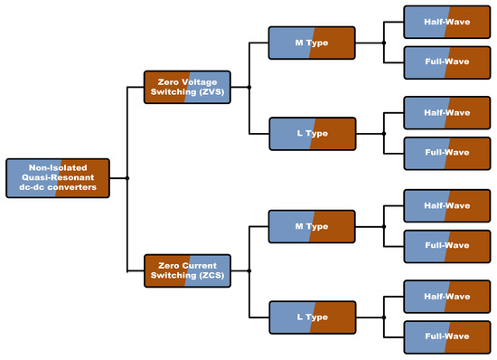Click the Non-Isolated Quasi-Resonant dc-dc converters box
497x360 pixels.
click(x=58, y=178)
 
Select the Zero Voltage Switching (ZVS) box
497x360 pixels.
click(x=187, y=87)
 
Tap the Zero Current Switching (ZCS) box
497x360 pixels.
click(x=187, y=270)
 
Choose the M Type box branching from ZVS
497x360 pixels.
click(x=312, y=43)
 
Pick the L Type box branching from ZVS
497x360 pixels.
click(x=313, y=134)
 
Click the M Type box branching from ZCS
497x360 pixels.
click(x=312, y=226)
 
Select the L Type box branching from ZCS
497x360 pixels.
click(x=313, y=317)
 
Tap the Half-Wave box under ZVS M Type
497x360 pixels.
click(x=447, y=22)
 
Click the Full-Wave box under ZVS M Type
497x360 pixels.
click(x=447, y=62)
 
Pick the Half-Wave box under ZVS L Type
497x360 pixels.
click(x=447, y=112)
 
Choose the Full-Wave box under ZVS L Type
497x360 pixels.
click(x=447, y=153)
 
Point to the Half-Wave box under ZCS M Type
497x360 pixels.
click(x=447, y=205)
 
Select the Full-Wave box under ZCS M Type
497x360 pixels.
click(x=447, y=246)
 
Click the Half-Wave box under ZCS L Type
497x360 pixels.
click(x=447, y=297)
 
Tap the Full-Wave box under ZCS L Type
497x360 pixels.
click(x=447, y=337)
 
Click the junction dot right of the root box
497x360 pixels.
click(x=127, y=178)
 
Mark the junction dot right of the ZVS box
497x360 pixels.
click(x=249, y=87)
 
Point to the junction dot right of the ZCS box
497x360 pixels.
click(x=249, y=270)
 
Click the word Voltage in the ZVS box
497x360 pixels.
click(x=202, y=82)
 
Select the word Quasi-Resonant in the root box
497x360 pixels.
click(x=58, y=177)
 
